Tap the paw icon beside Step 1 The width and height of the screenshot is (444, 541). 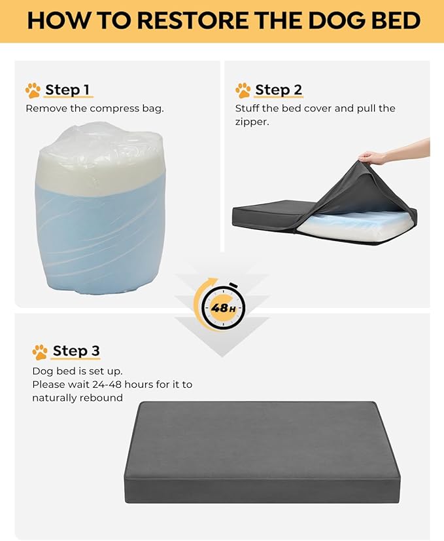click(x=33, y=90)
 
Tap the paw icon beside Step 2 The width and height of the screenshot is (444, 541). click(x=243, y=90)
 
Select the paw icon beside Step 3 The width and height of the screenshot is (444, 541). click(x=40, y=352)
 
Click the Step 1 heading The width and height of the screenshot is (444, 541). click(x=67, y=90)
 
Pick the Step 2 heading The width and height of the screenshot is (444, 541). click(x=278, y=90)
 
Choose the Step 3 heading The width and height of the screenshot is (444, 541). click(x=76, y=351)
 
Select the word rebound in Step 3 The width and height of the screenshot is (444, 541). click(x=101, y=398)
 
